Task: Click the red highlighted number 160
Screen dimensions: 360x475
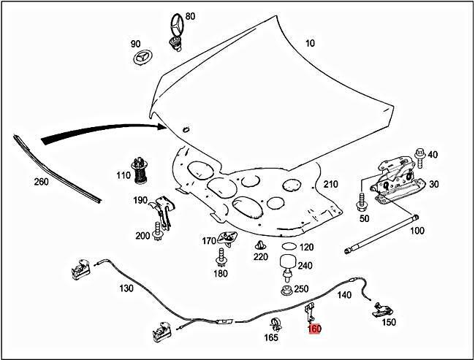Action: tap(314, 329)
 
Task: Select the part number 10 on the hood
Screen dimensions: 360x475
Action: tap(310, 44)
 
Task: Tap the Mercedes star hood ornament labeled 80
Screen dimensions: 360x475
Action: tap(175, 30)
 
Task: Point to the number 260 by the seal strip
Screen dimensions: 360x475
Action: tap(41, 181)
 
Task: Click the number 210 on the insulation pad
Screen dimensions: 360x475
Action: tap(331, 183)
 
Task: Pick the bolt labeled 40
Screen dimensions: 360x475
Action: tap(419, 155)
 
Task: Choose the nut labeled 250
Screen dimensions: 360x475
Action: tap(286, 290)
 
